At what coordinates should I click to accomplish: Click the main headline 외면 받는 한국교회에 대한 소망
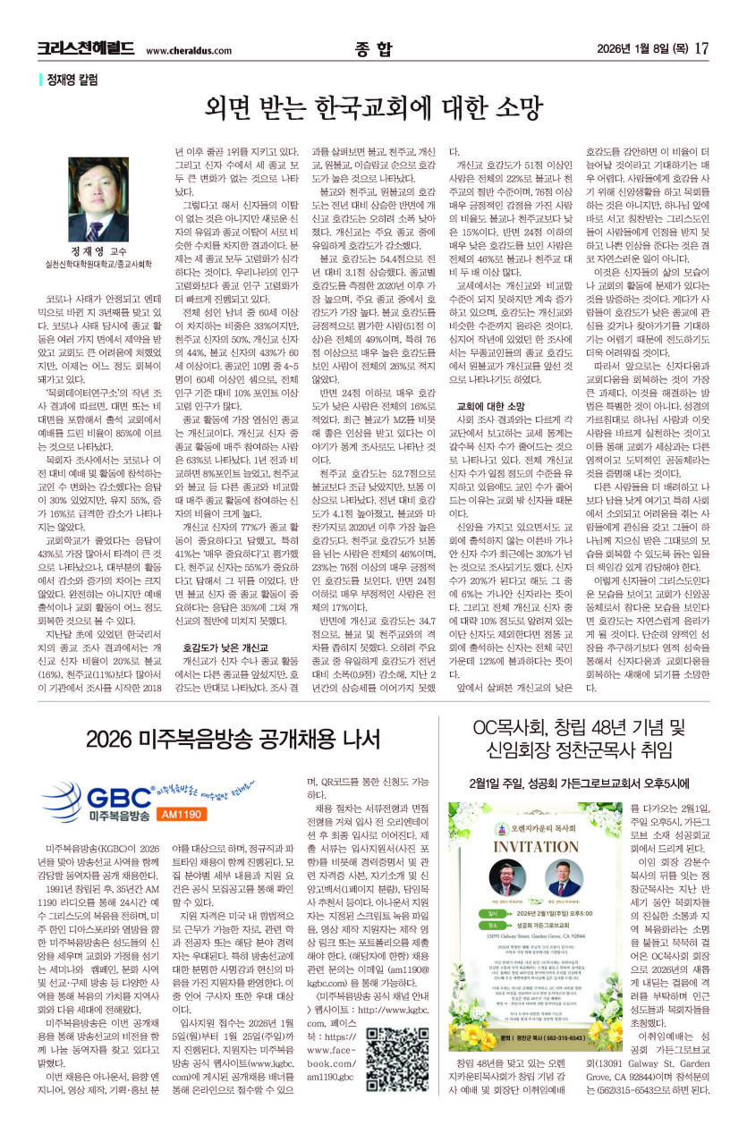(x=373, y=108)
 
